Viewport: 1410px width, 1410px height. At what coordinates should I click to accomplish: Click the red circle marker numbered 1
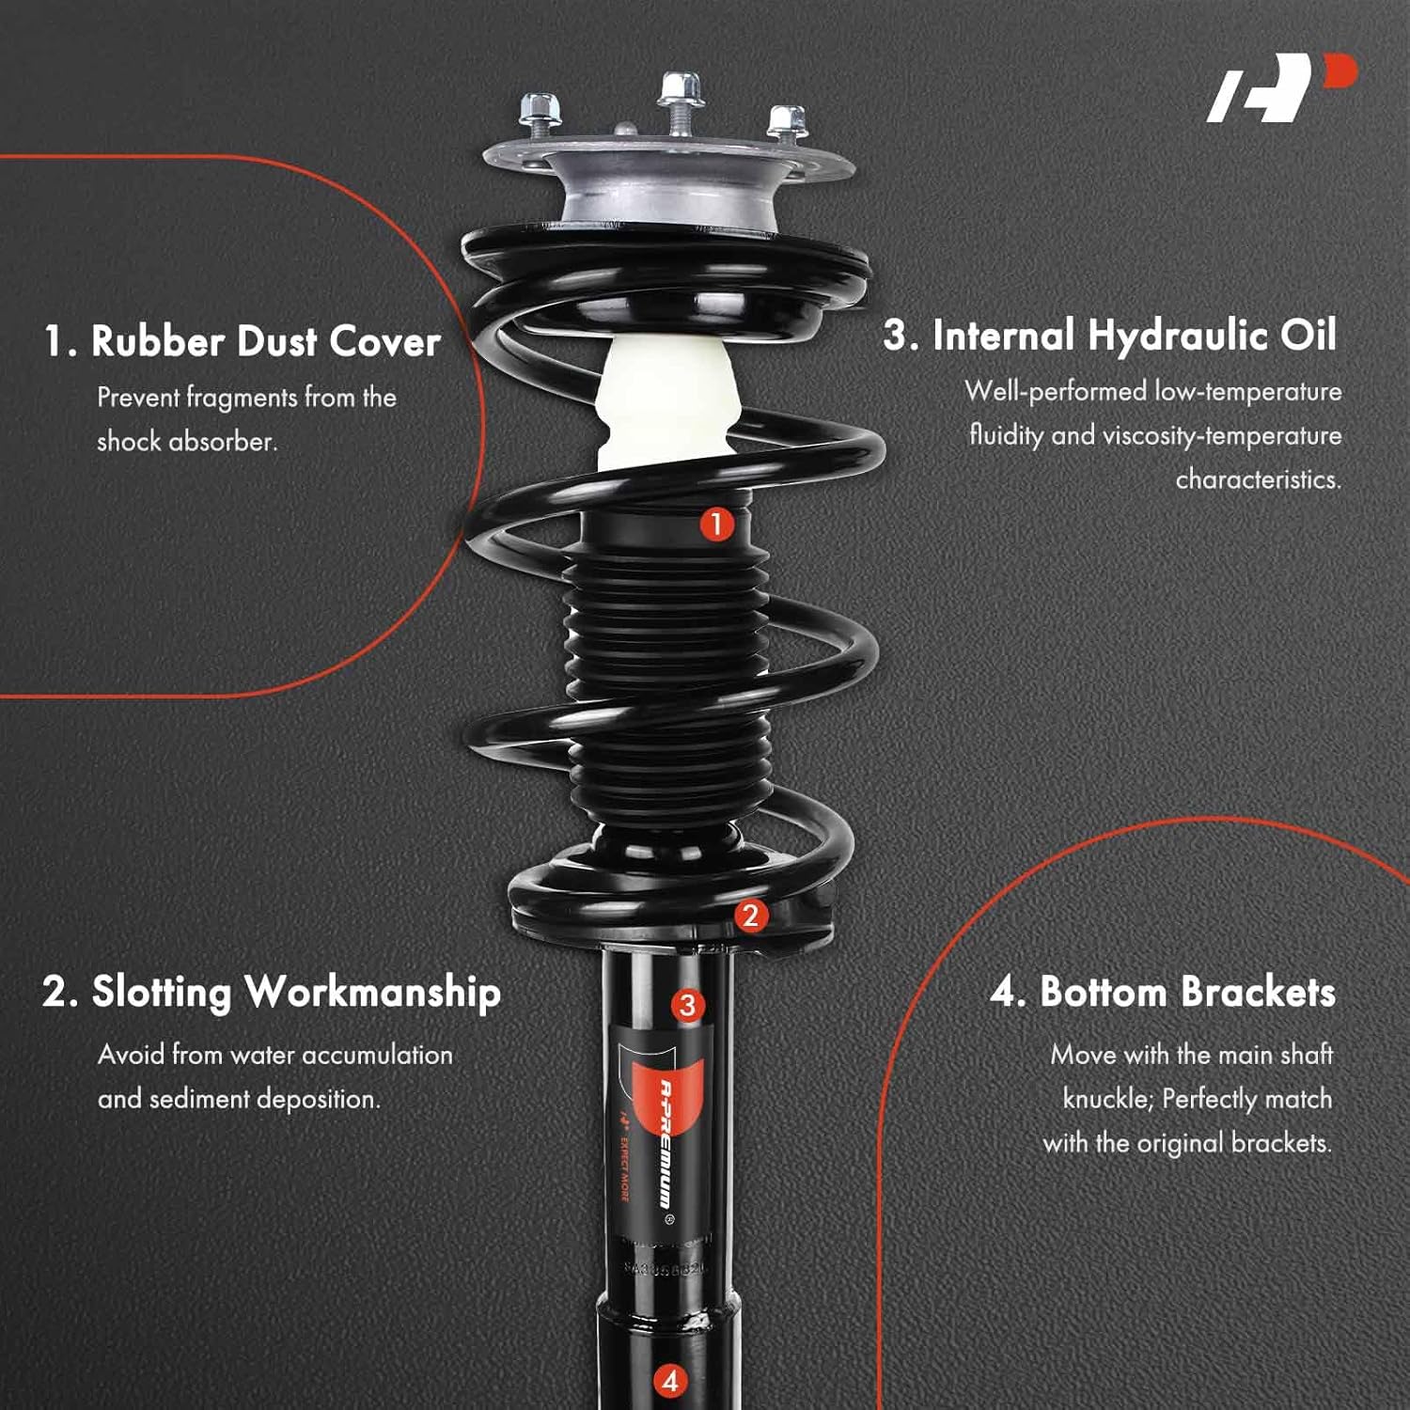[716, 524]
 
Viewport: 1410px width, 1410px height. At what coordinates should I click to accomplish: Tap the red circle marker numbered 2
[749, 916]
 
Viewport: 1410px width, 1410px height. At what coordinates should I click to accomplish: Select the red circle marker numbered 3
[687, 1005]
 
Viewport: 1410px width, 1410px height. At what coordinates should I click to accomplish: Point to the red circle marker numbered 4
[670, 1381]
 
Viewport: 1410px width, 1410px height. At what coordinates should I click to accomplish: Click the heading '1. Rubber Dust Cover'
[243, 341]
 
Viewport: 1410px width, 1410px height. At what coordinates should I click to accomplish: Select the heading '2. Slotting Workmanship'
[272, 993]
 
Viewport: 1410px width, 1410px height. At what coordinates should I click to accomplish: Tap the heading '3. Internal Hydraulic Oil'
[1109, 336]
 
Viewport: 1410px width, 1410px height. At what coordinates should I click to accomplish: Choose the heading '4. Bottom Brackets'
[1162, 993]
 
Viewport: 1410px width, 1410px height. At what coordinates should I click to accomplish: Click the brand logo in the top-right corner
[1281, 87]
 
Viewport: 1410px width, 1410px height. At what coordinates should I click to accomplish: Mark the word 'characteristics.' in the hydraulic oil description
[1258, 479]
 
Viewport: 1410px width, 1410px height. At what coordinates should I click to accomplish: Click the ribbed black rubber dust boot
[668, 677]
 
